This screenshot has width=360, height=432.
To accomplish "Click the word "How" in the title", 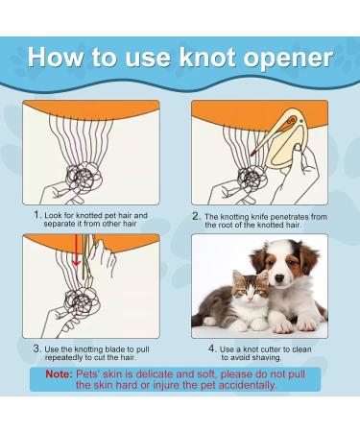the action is pos(57,57).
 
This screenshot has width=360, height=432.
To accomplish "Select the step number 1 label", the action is pos(37,215).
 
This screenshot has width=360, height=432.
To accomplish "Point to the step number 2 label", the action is pos(197,216).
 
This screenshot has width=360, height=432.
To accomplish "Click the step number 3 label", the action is pos(37,348).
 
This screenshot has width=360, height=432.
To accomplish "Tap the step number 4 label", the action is pos(213,348).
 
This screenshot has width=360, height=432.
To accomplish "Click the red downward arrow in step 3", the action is pos(76,251).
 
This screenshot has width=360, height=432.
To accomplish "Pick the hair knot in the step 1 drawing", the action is pos(84,176).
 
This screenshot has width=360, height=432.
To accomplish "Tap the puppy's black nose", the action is pos(279,278).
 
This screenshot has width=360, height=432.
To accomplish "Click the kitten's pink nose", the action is pos(251,299).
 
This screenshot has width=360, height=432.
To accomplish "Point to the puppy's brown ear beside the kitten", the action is pos(258,259).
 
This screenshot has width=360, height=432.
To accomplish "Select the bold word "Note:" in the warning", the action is pos(60,374).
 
